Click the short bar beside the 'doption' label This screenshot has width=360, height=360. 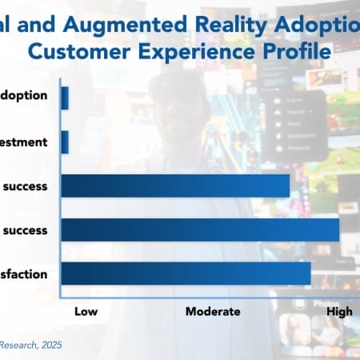coord(65,98)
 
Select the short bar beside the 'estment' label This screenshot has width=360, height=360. coord(65,142)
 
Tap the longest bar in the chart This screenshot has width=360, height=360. coord(200,230)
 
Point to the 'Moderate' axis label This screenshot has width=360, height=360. coord(213,312)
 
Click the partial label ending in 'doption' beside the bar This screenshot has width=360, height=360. coord(25,95)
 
